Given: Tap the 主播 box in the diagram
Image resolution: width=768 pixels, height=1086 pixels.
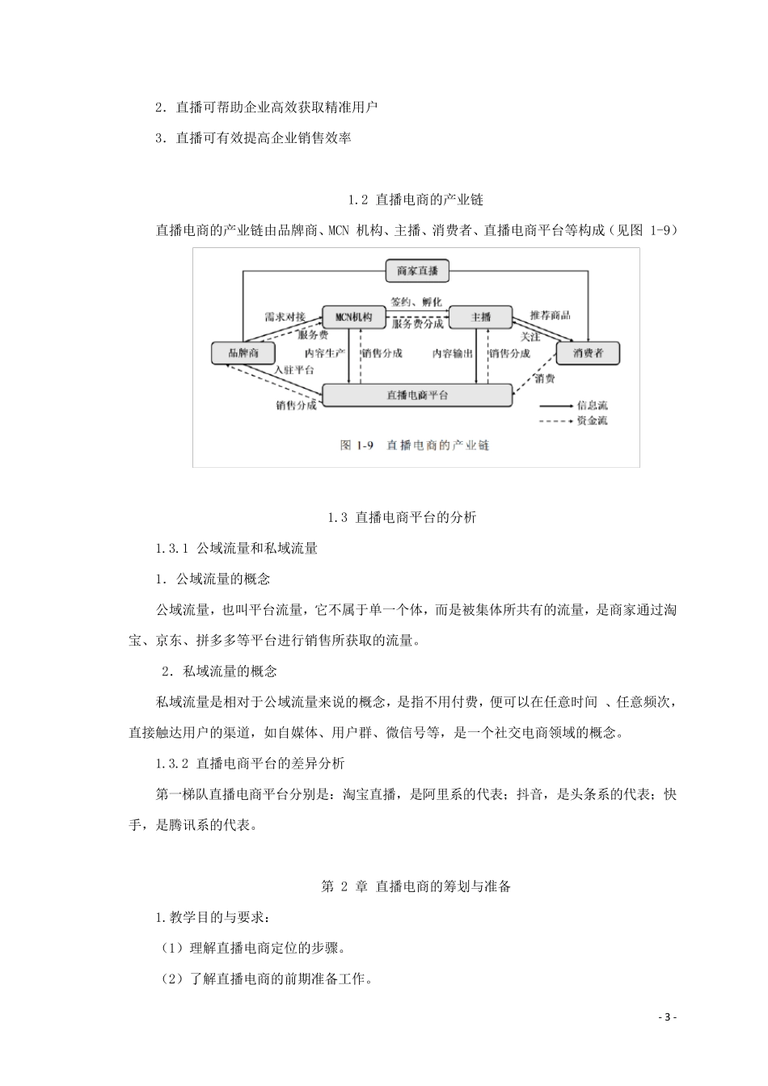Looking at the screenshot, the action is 480,317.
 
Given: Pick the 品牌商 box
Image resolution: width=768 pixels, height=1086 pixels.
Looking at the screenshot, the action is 242,353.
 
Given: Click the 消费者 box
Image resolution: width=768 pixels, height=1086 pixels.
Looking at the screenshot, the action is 588,353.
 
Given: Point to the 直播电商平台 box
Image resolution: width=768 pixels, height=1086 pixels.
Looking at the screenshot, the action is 417,395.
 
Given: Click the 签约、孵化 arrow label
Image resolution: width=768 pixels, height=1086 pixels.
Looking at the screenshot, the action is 416,301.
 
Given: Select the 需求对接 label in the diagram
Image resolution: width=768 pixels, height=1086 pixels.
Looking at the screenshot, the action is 285,317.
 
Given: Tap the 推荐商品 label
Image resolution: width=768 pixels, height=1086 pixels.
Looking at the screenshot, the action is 551,314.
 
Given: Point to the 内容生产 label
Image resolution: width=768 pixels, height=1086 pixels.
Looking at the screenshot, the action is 325,353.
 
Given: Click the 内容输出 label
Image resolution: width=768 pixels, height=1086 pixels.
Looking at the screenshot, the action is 453,353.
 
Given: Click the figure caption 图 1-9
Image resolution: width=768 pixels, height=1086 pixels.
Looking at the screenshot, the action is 416,445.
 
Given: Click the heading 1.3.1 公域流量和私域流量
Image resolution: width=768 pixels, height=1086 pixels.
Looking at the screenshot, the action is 236,548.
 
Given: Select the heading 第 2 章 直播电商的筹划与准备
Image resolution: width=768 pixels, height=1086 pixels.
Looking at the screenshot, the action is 416,886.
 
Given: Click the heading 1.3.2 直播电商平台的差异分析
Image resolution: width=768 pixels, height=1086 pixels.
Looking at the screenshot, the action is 250,763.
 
